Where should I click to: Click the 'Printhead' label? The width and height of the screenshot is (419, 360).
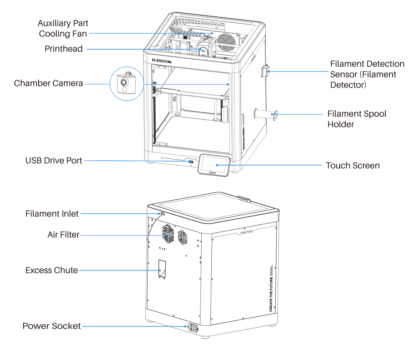pos(64,49)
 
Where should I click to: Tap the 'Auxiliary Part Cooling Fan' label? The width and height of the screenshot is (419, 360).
pos(63,28)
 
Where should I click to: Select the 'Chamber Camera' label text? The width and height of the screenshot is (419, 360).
pos(48,83)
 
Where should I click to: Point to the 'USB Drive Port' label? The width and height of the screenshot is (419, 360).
pos(54,160)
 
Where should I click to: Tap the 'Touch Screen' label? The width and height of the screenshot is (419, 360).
pos(353,165)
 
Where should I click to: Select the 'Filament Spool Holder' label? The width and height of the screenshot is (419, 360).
pos(357,119)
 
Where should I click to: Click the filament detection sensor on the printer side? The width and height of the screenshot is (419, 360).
pos(265,72)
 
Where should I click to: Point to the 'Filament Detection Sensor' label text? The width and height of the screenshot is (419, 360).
pos(367,74)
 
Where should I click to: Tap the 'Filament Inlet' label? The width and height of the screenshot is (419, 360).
pos(52,214)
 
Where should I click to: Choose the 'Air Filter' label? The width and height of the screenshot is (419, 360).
pos(63,235)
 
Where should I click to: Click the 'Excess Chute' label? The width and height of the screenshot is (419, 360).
pos(52,270)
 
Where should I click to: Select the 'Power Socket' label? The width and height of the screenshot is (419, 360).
pos(52,326)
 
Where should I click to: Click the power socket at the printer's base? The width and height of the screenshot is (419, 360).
pos(193,328)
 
